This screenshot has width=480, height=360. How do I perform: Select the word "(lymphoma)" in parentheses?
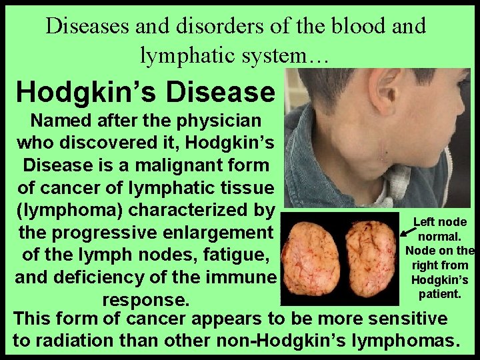68,209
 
